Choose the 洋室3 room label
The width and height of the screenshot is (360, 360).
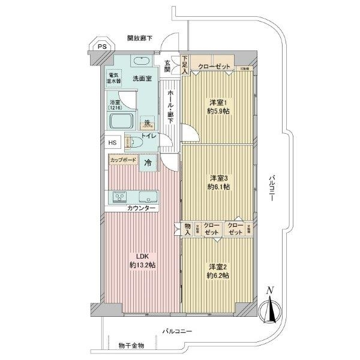(x=218, y=182)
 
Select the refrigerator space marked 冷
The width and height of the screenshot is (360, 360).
(x=147, y=162)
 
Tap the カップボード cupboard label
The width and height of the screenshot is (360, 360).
(x=123, y=160)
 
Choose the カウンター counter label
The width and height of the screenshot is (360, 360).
(x=142, y=208)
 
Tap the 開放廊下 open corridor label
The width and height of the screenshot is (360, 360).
(x=139, y=38)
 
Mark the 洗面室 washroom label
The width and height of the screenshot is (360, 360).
(x=142, y=78)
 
